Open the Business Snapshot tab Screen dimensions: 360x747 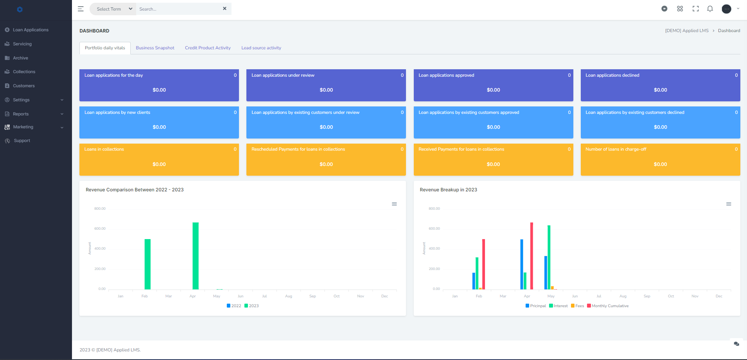point(155,48)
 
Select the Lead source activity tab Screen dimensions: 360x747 point(261,48)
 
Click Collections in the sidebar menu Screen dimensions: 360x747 point(24,72)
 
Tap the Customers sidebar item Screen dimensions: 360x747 point(23,86)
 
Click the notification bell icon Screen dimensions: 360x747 point(710,9)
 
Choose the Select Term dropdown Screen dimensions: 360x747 point(113,9)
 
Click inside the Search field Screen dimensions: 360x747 point(178,9)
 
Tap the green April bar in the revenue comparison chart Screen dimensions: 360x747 point(196,256)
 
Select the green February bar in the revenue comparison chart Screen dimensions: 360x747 point(147,264)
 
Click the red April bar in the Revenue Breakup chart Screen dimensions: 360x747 point(532,256)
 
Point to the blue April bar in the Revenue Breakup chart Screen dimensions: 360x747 point(522,264)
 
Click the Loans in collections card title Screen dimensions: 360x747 point(104,149)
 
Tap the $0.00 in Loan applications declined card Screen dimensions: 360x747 point(660,90)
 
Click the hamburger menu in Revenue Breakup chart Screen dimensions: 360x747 point(729,204)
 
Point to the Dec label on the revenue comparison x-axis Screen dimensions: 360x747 point(384,296)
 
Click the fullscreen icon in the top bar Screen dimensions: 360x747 point(695,9)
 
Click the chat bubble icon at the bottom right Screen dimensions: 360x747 point(736,344)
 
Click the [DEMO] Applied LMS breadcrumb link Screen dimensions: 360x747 point(687,31)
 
